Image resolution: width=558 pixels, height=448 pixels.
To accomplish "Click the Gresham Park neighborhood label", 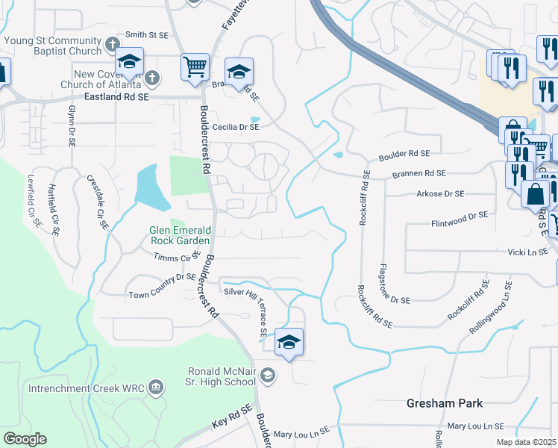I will click(445, 403).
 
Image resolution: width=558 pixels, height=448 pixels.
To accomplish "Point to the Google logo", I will click(25, 439).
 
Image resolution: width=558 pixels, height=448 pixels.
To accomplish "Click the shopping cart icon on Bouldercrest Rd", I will click(195, 66).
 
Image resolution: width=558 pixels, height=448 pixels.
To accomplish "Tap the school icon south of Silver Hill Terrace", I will click(289, 342).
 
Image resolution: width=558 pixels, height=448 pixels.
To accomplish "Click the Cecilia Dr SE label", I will click(236, 127).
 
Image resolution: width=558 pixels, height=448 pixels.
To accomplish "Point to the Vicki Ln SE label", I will click(527, 253).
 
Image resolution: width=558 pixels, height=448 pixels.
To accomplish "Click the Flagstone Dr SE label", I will click(394, 283).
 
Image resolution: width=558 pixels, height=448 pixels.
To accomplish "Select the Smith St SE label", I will click(148, 34).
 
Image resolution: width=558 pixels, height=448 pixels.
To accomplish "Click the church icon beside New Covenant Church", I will click(151, 78).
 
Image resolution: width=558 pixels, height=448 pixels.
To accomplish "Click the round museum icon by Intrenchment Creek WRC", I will click(156, 386).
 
